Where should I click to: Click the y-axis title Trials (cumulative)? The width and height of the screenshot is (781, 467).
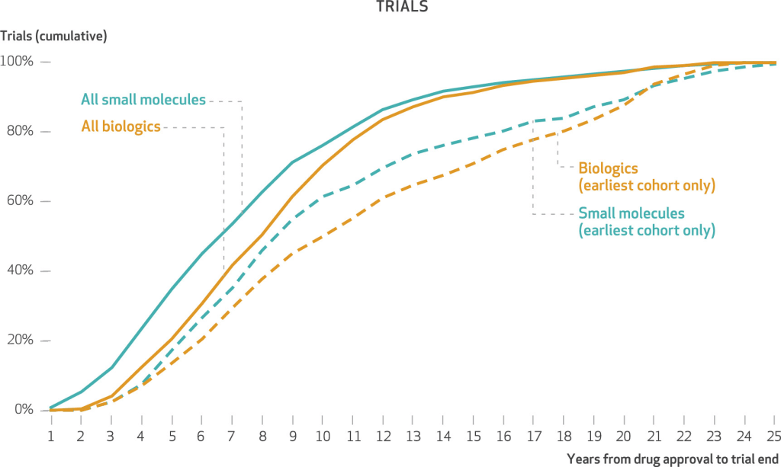(53, 36)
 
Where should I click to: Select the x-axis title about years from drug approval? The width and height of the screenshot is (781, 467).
(672, 458)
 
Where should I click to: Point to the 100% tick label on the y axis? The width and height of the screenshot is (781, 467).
(18, 62)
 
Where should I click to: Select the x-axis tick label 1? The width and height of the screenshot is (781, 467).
(51, 436)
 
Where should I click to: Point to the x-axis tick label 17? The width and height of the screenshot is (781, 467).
(532, 436)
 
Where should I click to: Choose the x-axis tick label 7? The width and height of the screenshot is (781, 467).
(231, 436)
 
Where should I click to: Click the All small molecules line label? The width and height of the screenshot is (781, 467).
(143, 100)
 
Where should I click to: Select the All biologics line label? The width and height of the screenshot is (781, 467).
(121, 126)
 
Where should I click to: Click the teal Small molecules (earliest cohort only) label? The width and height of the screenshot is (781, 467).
(646, 221)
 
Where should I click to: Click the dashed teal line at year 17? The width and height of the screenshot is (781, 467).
(532, 121)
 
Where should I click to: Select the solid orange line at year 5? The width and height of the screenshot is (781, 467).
(171, 337)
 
